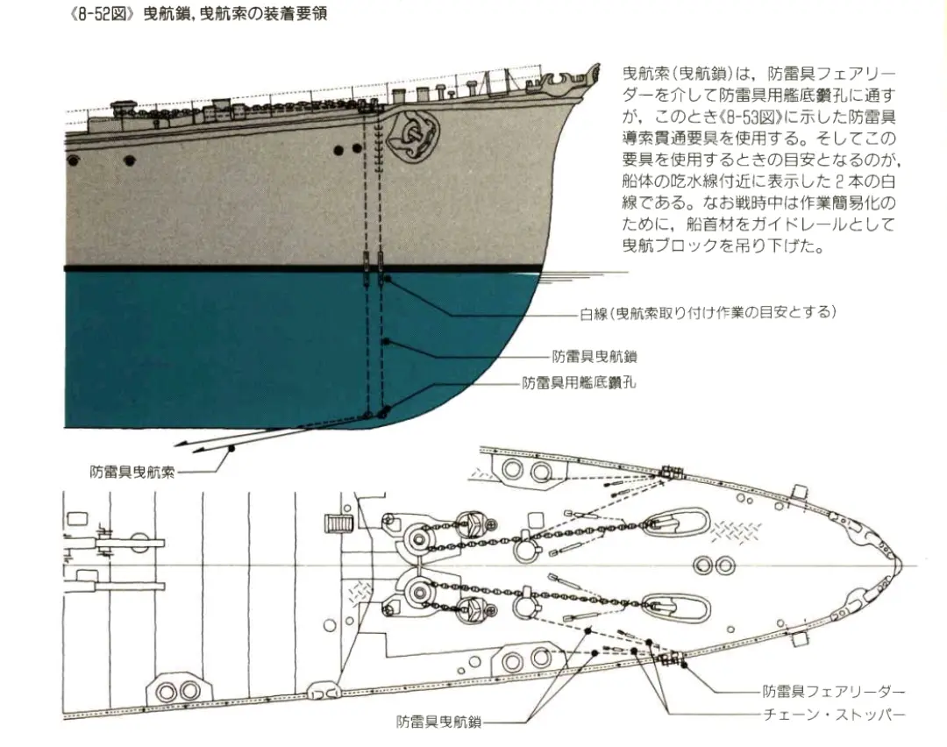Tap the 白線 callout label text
tap(707, 313)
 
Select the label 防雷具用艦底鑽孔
tap(579, 383)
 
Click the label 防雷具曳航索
tap(132, 472)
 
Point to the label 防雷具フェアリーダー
tap(833, 692)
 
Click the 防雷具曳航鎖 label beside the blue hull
tap(594, 357)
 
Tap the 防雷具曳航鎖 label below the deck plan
tap(438, 722)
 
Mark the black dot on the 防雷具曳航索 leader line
tap(231, 449)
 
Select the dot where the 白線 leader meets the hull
tap(387, 279)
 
